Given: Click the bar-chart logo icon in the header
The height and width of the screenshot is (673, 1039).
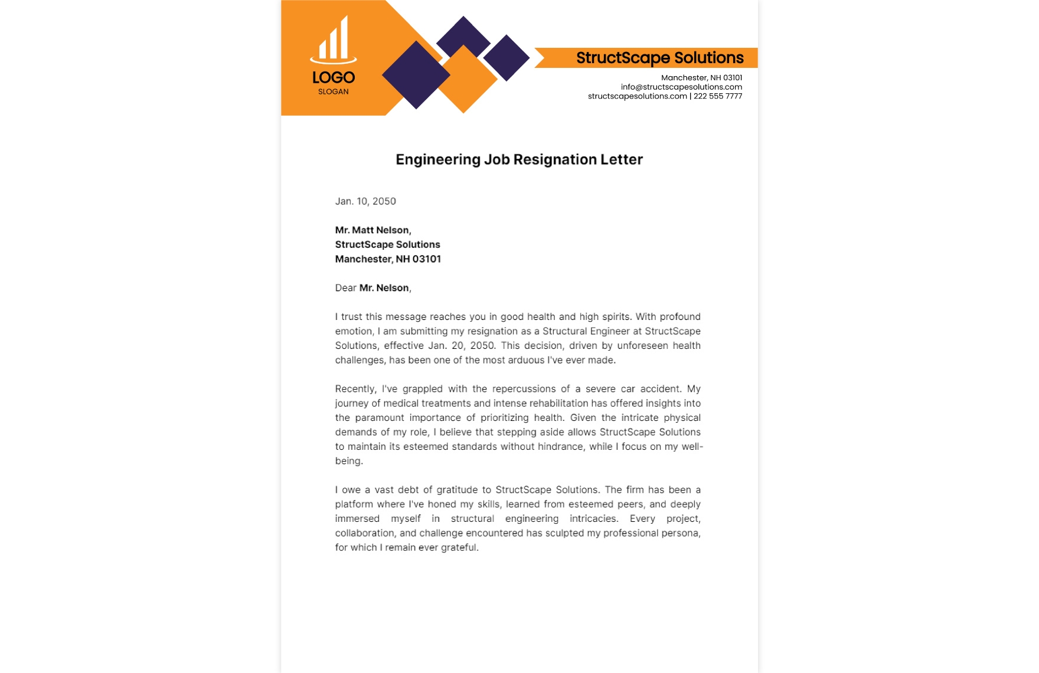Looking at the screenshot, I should (x=334, y=40).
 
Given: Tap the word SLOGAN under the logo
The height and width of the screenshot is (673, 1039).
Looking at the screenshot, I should (x=334, y=92).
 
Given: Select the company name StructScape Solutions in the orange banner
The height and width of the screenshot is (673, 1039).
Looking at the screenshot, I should (x=659, y=58).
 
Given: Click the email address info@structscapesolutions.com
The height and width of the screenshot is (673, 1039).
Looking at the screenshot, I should (x=681, y=87).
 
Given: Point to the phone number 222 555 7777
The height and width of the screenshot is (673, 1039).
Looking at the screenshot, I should (x=718, y=96).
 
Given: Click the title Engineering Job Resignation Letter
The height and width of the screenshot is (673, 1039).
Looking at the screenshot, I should (x=519, y=159).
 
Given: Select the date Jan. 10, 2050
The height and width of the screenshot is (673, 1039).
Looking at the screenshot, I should (x=365, y=201).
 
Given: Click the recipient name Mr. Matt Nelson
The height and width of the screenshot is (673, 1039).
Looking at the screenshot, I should (x=373, y=230).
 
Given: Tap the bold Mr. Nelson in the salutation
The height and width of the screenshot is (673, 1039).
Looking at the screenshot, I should (x=384, y=288).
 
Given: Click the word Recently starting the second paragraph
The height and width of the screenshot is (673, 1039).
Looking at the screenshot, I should (x=355, y=389).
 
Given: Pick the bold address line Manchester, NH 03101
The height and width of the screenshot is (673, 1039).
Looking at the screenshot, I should (x=388, y=259).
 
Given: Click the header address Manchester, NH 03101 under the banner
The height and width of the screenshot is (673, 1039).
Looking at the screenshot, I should (x=701, y=78).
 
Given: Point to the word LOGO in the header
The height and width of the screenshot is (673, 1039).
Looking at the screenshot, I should (x=334, y=77).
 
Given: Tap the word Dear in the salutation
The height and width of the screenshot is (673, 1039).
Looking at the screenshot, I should (x=346, y=288).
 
